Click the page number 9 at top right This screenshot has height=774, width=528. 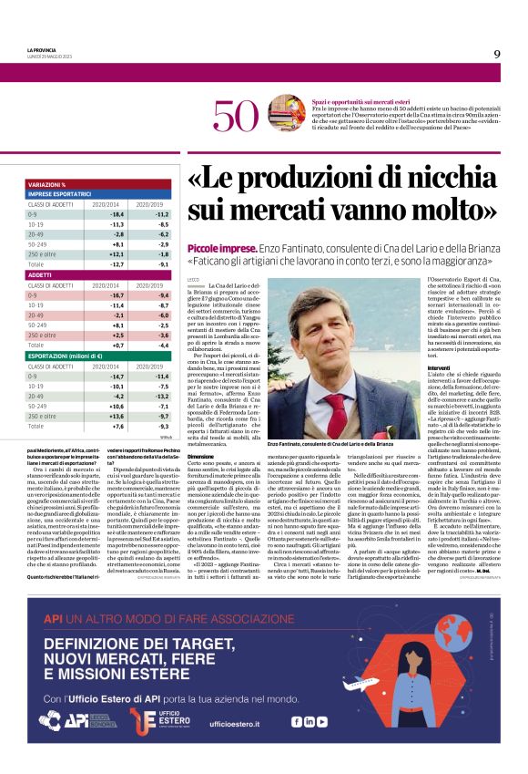(497, 54)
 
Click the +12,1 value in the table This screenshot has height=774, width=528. (117, 255)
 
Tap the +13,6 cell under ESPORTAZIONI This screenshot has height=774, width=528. (117, 416)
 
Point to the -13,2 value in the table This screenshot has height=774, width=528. (162, 397)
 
